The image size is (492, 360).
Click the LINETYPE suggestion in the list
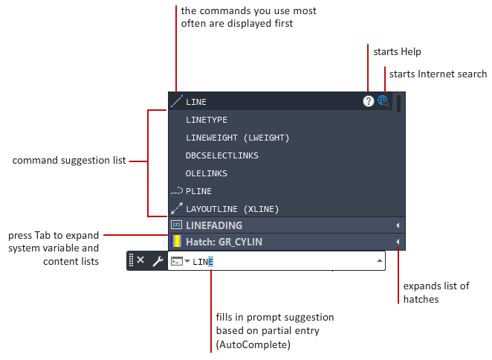pyautogui.click(x=207, y=120)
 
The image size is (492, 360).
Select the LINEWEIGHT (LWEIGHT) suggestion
pyautogui.click(x=237, y=138)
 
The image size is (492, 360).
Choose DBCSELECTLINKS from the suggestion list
pyautogui.click(x=221, y=155)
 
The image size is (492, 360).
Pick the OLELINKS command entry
pyautogui.click(x=206, y=173)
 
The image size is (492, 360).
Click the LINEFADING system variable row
pyautogui.click(x=214, y=225)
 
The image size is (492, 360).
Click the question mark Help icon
pyautogui.click(x=369, y=101)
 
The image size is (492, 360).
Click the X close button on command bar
pyautogui.click(x=140, y=260)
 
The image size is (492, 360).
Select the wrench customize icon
pyautogui.click(x=158, y=261)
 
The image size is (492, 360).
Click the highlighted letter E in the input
pyautogui.click(x=210, y=262)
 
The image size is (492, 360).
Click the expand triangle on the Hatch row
pyautogui.click(x=398, y=242)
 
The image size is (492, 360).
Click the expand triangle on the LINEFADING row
pyautogui.click(x=398, y=225)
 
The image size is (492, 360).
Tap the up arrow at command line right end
pyautogui.click(x=380, y=261)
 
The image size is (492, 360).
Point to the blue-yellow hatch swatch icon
pyautogui.click(x=176, y=242)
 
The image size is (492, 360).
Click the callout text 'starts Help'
pyautogui.click(x=397, y=52)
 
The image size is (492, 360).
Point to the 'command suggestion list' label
pyautogui.click(x=69, y=160)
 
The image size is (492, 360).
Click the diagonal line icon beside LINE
pyautogui.click(x=176, y=101)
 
